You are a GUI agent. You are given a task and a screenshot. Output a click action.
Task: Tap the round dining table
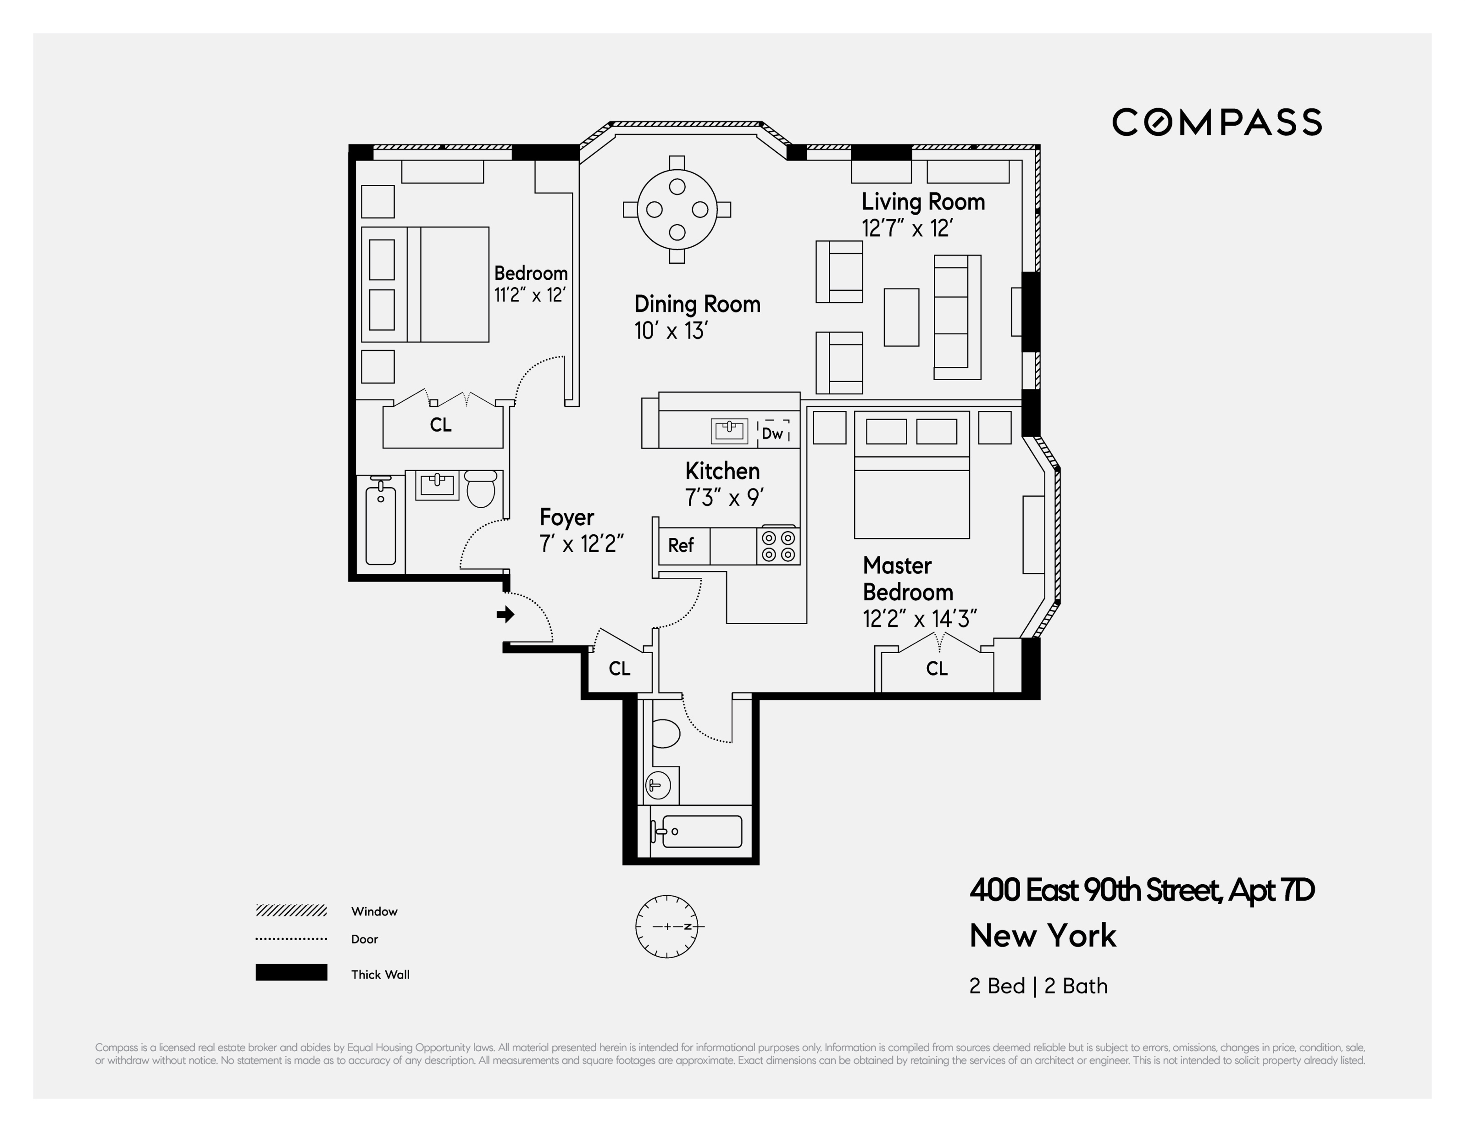click(x=677, y=209)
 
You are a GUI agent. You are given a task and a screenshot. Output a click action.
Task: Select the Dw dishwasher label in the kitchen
click(x=773, y=433)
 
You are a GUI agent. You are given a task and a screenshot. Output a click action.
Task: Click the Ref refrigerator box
click(x=681, y=545)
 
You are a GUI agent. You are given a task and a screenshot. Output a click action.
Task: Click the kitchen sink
click(x=729, y=431)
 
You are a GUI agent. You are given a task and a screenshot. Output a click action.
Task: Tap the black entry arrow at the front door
click(x=505, y=614)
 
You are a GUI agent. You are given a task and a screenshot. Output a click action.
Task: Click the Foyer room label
click(x=567, y=517)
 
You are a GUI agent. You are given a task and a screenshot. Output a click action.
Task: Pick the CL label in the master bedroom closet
click(x=937, y=668)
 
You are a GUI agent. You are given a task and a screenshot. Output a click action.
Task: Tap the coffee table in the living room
click(x=901, y=317)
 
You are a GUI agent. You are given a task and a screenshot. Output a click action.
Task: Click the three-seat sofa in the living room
click(x=957, y=317)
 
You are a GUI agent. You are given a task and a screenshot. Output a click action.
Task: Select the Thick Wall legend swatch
click(x=291, y=973)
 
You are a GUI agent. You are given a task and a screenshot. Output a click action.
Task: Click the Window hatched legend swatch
click(x=291, y=910)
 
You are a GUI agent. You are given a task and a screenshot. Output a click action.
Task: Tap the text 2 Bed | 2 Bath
click(x=1038, y=986)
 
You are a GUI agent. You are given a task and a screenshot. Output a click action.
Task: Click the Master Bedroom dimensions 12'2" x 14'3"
click(x=919, y=619)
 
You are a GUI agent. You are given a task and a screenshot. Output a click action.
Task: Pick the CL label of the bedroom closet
click(x=441, y=425)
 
